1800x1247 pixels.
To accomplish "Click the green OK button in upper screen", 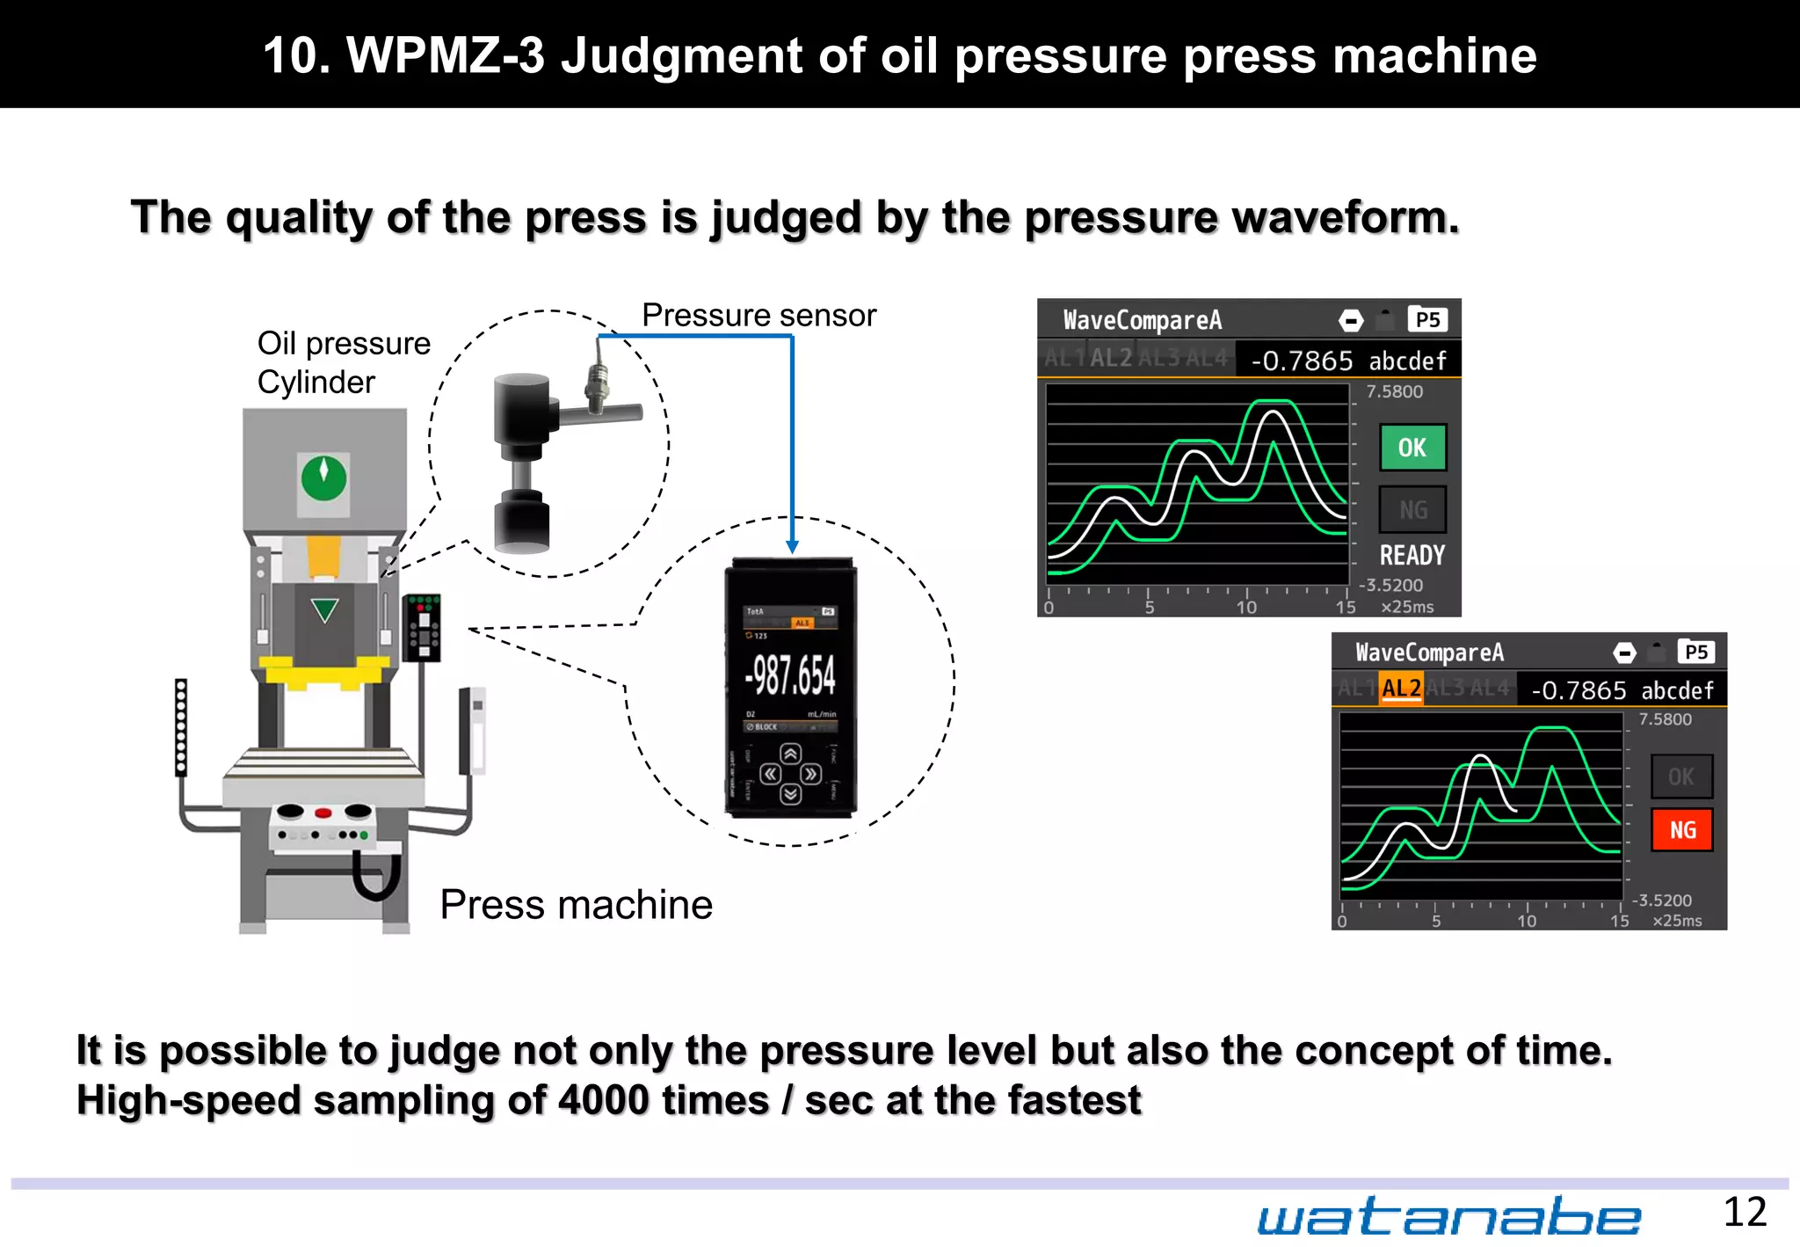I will click(x=1412, y=448).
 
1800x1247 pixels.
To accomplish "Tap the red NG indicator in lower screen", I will click(x=1681, y=829).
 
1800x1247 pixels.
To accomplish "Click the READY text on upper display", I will click(x=1412, y=555).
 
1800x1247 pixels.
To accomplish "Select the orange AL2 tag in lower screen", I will click(x=1401, y=688).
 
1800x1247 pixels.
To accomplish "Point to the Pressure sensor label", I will click(x=758, y=315).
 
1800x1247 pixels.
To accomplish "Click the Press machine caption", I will click(x=576, y=904).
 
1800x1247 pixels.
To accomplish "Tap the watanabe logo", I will click(x=1448, y=1217).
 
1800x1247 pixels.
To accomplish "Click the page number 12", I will click(x=1744, y=1213).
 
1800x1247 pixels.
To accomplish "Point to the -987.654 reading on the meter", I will click(x=789, y=675).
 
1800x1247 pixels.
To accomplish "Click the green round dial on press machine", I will click(x=323, y=478).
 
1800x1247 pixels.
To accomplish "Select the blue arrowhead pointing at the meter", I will click(x=792, y=547).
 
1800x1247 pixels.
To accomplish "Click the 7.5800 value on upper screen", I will click(x=1394, y=391).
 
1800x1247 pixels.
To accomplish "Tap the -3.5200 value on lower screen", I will click(x=1661, y=900).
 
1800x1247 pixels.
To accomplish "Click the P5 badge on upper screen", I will click(x=1427, y=319).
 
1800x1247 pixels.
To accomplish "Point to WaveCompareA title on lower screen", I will click(x=1429, y=652).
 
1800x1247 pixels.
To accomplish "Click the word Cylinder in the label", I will click(x=316, y=383).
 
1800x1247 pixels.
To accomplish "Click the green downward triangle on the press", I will click(x=325, y=609).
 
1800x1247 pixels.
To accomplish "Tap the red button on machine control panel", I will click(x=323, y=813).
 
